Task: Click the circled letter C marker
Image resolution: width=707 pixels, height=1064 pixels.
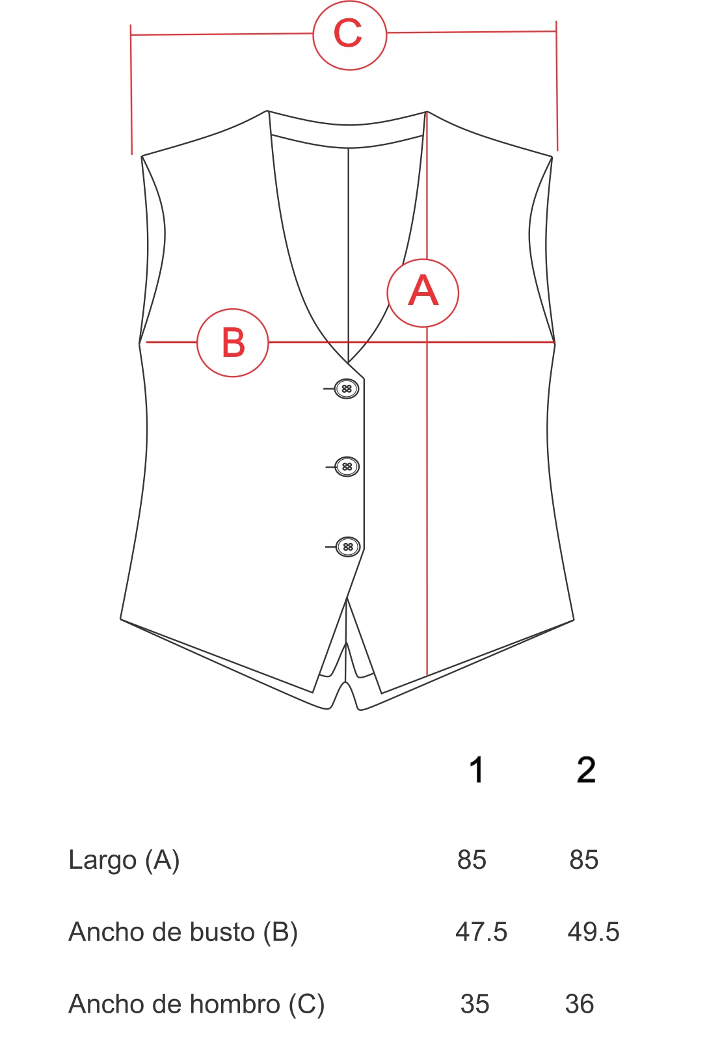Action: pos(349,35)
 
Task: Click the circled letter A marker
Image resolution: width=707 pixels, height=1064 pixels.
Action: pos(423,293)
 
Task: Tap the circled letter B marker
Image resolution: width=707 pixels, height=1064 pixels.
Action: pos(233,343)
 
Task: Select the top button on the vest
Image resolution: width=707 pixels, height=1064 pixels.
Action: pos(347,388)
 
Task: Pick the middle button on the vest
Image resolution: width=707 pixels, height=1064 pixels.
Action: pos(347,466)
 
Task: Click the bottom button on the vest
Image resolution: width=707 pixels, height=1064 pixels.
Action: pos(348,547)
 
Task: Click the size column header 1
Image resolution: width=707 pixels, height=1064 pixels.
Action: pos(477,769)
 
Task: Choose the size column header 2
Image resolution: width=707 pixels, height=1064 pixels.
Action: pos(586,769)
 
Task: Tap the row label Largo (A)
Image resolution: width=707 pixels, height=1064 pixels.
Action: pos(124,860)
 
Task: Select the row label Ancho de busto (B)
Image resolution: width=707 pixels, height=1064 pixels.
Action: pos(183,932)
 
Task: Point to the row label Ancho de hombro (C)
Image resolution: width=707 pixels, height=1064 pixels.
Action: pos(196,1004)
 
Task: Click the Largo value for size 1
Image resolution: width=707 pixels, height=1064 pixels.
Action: pos(472,860)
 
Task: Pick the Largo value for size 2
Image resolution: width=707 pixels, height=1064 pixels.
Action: pos(584,860)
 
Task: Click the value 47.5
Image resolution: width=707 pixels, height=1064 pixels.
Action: pos(481,932)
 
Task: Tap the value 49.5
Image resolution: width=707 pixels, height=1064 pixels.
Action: pos(593,932)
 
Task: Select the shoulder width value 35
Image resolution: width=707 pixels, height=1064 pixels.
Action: pos(475,1004)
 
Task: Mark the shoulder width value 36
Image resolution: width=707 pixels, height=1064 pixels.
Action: pos(580,1004)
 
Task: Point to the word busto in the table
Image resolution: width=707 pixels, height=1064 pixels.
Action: pos(222,932)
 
